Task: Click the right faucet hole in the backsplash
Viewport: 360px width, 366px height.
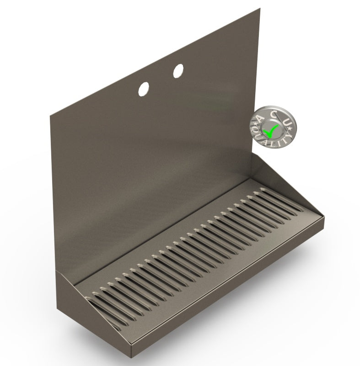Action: [x=178, y=70]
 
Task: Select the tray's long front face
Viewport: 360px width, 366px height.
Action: [x=229, y=292]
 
